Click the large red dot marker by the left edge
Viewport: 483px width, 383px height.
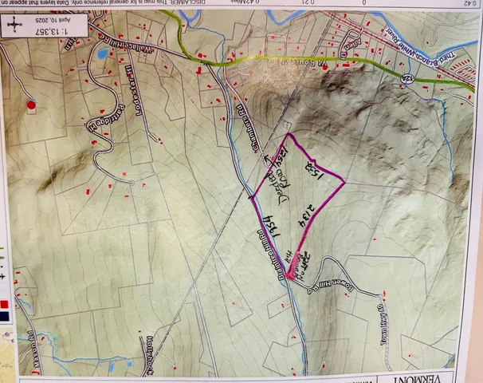(31, 104)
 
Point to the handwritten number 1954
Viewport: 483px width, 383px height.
(268, 212)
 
